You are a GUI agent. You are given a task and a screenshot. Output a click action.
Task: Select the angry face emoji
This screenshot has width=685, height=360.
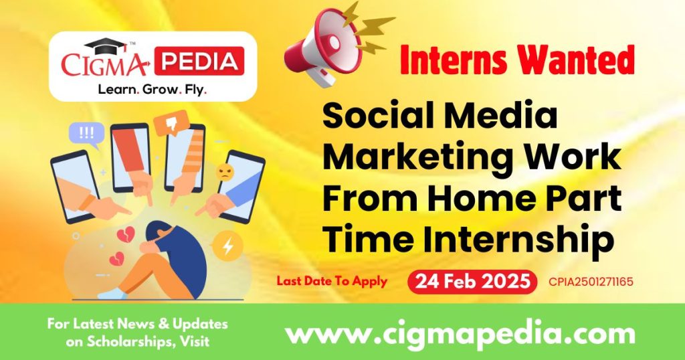click(x=224, y=173)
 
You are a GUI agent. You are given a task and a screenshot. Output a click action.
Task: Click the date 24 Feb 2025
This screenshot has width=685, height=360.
click(x=472, y=282)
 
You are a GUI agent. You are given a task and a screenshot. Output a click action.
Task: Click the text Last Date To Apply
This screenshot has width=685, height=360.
click(x=332, y=282)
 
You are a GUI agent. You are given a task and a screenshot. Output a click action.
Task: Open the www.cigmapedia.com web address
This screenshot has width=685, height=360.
click(x=460, y=333)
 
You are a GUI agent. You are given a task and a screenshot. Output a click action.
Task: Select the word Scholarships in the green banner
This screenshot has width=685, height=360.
click(x=110, y=341)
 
